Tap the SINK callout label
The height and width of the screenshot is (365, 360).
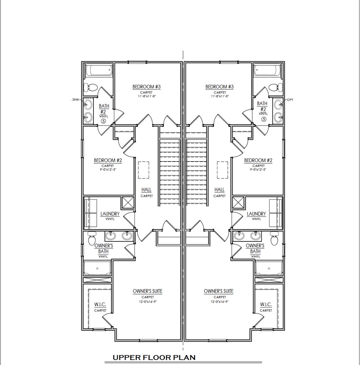tap(75, 99)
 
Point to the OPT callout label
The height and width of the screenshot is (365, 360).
tap(291, 99)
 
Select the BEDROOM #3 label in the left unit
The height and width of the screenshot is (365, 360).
tap(146, 87)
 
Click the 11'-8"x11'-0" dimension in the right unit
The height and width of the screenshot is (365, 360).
tap(220, 96)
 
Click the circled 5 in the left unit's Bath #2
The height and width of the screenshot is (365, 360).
tap(103, 120)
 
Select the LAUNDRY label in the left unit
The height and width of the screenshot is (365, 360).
tap(110, 214)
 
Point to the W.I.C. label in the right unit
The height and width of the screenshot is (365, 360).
tap(266, 305)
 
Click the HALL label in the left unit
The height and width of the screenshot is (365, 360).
tap(147, 190)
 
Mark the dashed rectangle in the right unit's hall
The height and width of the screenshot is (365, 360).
tap(222, 170)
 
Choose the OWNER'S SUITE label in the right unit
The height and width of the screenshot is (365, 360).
tap(219, 291)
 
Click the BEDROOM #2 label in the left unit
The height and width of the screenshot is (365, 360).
tap(108, 160)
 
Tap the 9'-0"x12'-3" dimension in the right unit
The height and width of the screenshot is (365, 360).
tap(257, 169)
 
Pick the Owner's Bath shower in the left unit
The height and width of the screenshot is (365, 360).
tap(97, 269)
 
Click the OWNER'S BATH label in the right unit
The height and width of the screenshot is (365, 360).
tap(255, 248)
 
